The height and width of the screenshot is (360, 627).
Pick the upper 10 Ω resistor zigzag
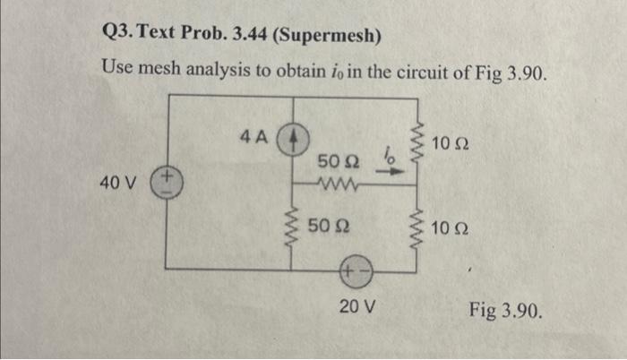(416, 141)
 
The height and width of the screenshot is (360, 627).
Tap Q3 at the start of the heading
(117, 36)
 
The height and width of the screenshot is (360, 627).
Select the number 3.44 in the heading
(242, 36)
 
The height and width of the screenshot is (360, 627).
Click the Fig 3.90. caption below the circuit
(505, 311)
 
